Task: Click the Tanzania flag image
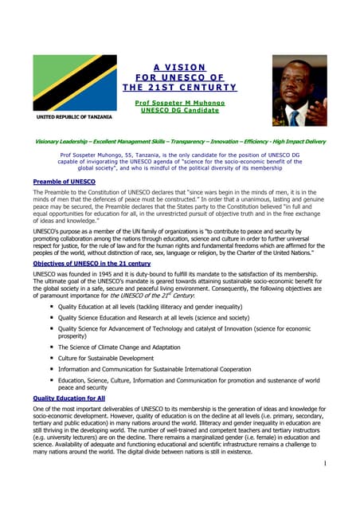70,83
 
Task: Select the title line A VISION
180,66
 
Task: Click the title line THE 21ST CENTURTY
180,87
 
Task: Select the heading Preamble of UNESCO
65,182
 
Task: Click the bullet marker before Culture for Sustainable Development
51,358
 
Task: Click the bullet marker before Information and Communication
51,369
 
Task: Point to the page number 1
327,462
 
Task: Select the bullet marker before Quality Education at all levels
51,306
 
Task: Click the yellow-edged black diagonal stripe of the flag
70,83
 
